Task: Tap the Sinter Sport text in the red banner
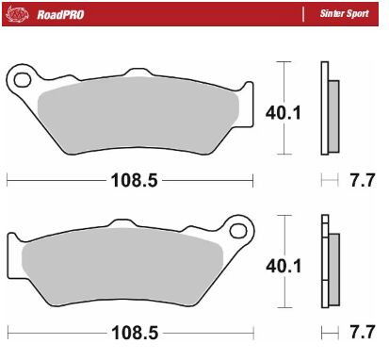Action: click(347, 16)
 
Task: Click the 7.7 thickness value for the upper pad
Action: click(359, 178)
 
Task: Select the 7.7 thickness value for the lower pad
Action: click(359, 333)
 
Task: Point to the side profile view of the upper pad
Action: click(328, 108)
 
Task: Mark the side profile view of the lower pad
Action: click(328, 264)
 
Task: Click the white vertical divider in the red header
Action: click(302, 16)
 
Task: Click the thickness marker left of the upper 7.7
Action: click(329, 178)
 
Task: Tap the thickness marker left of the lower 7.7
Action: click(329, 333)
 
